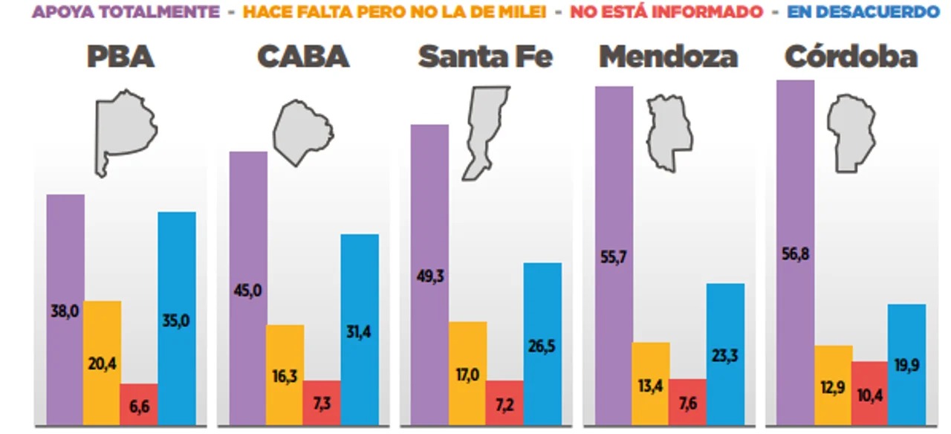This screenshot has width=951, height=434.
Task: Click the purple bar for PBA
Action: click(65, 253)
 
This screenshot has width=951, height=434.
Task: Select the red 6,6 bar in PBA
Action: click(139, 405)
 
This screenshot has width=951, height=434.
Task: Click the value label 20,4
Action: click(103, 364)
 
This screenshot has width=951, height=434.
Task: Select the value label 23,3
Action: click(724, 355)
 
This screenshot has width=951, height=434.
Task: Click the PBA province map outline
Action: click(124, 130)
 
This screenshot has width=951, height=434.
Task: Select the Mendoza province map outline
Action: click(668, 132)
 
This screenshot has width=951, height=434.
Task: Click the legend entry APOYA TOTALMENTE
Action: click(126, 12)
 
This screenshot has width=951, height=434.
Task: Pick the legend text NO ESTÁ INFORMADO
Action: click(666, 12)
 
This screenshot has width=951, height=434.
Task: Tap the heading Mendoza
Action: click(668, 56)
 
